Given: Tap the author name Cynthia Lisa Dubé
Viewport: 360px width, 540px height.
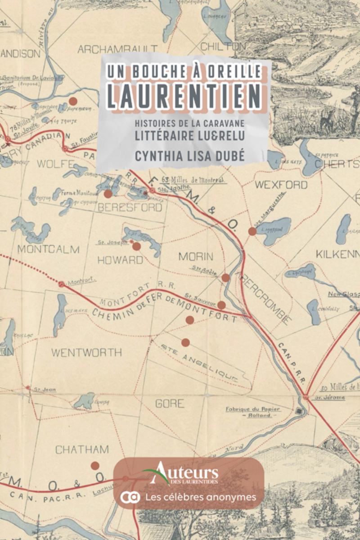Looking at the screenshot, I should click(184, 155).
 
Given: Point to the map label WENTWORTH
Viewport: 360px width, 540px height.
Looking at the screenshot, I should click(86, 352).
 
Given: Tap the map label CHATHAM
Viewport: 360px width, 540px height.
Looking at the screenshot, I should click(82, 450).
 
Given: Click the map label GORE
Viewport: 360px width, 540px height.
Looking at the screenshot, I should click(170, 404).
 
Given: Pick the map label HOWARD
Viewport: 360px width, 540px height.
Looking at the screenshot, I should click(120, 260).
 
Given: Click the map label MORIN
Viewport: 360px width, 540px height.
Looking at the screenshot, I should click(196, 256).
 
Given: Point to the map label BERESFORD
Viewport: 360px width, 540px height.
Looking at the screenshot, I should click(130, 207).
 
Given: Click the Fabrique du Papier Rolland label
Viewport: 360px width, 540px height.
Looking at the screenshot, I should click(253, 412).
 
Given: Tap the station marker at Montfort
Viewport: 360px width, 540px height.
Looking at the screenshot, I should click(61, 284).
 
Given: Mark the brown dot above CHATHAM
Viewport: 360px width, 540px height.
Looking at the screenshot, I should click(95, 466).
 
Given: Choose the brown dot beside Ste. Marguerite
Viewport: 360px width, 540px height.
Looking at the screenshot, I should click(252, 231).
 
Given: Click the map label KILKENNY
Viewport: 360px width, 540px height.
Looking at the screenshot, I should click(337, 254).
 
